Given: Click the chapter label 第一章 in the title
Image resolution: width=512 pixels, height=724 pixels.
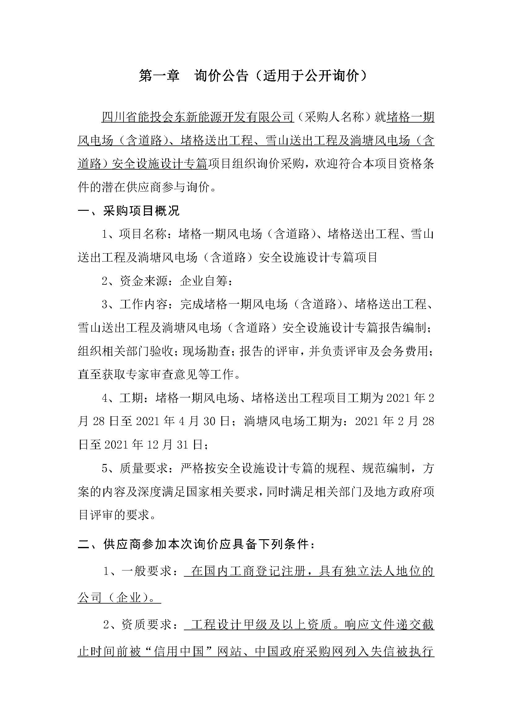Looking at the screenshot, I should [159, 76].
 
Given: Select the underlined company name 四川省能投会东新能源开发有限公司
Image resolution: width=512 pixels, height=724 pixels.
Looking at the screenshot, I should [198, 117].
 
